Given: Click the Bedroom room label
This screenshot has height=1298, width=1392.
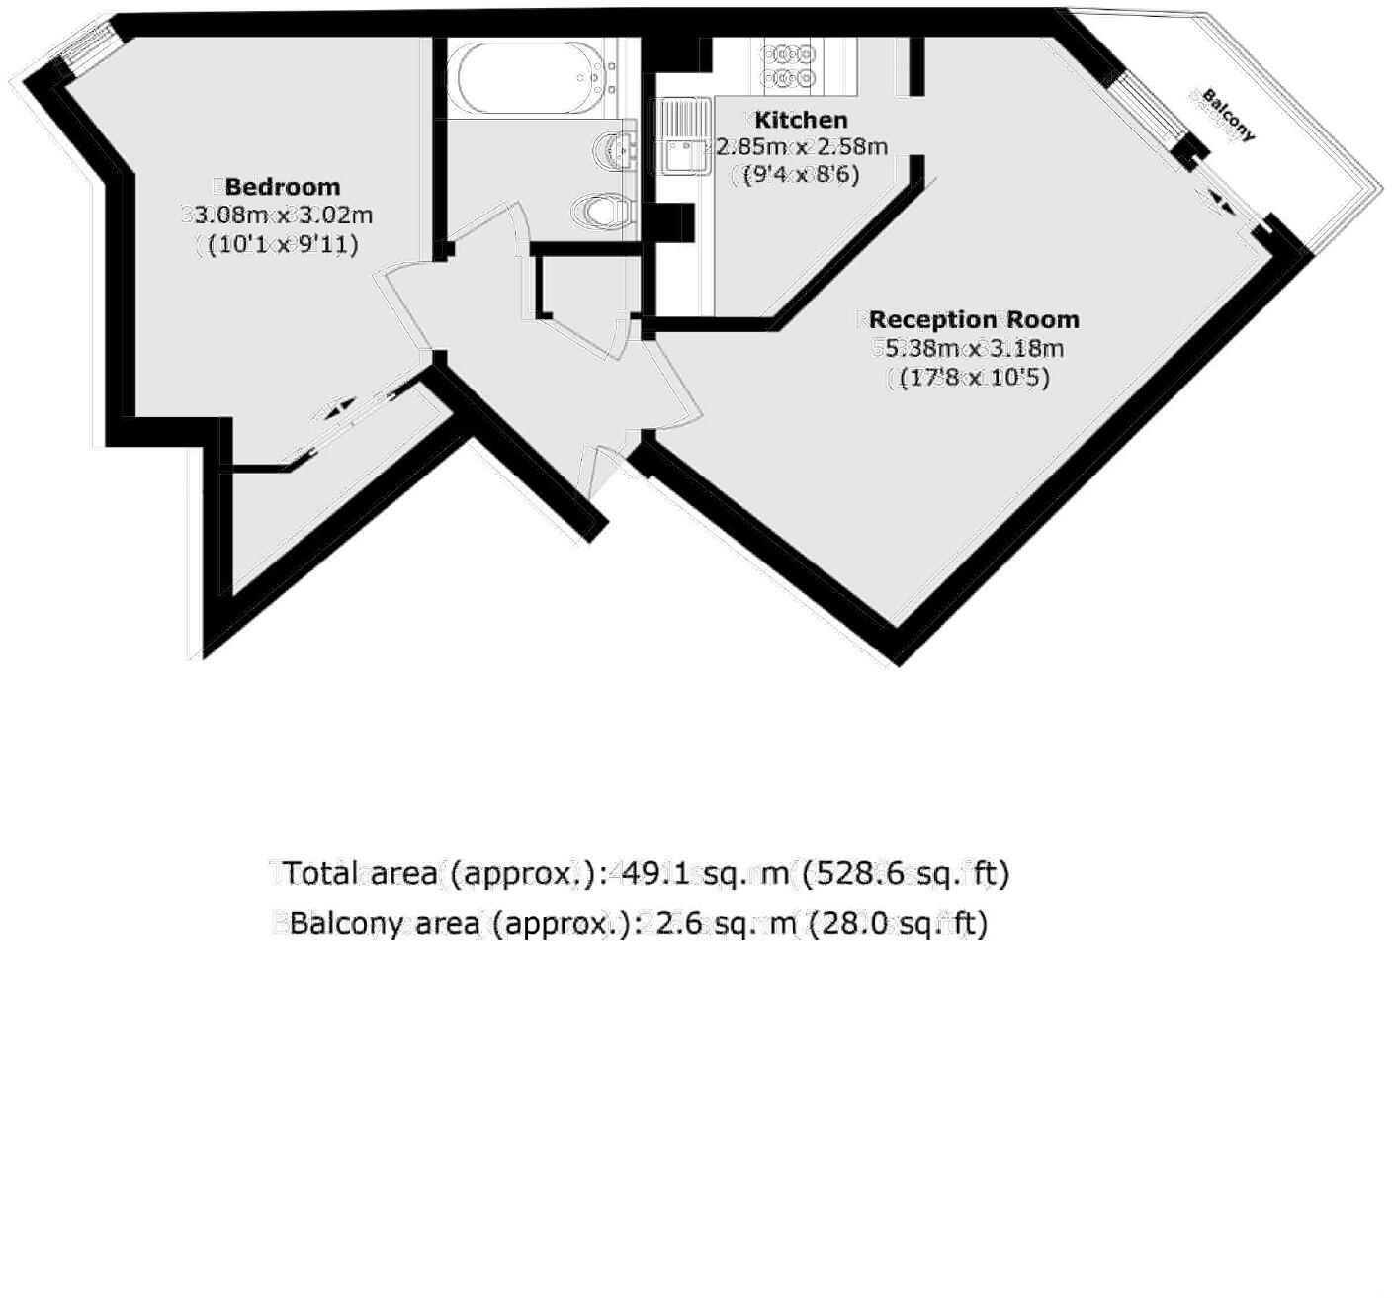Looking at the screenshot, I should pyautogui.click(x=283, y=187).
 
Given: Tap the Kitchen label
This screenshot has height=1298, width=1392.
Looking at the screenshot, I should pyautogui.click(x=801, y=120).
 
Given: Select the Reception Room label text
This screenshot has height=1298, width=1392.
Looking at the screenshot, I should pyautogui.click(x=974, y=319).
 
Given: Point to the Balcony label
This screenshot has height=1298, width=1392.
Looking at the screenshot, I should pyautogui.click(x=1229, y=116).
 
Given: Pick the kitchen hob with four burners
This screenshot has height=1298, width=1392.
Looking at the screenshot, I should pyautogui.click(x=788, y=65).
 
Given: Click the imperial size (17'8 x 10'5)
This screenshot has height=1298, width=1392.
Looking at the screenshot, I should pyautogui.click(x=969, y=377).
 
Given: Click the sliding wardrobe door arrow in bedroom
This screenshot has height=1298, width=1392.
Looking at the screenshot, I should pyautogui.click(x=339, y=406).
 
